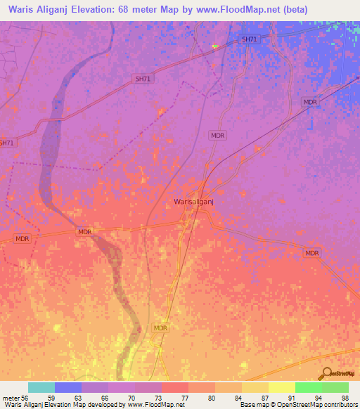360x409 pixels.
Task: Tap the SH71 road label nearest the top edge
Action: click(249, 39)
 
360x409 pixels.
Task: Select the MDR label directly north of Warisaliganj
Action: click(217, 135)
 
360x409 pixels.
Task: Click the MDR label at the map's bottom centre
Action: click(160, 328)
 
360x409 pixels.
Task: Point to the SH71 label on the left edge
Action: click(6, 143)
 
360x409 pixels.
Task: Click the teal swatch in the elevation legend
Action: click(41, 387)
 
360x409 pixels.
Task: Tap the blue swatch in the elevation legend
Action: click(67, 387)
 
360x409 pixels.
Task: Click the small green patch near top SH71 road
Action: click(215, 46)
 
